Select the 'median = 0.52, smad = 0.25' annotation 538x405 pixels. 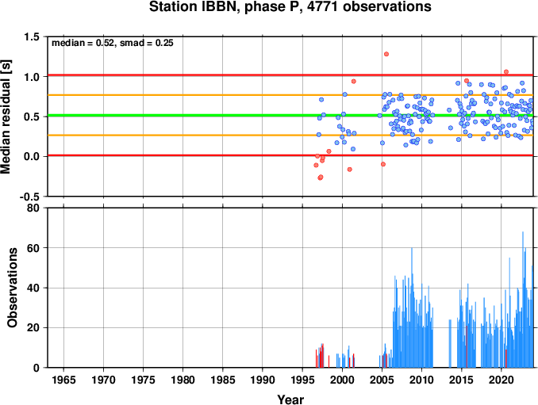113,43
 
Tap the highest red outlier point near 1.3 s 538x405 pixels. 386,54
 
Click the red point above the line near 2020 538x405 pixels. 506,72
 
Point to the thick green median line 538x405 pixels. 290,116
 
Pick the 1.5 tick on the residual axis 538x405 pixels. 32,37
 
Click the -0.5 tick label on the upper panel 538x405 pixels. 29,197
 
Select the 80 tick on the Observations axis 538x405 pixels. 33,208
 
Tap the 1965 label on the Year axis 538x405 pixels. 63,380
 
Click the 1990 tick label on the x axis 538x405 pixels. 263,380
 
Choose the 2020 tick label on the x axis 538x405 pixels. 501,380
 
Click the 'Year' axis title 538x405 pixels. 290,399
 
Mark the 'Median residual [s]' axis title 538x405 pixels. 6,117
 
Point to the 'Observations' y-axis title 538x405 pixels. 13,288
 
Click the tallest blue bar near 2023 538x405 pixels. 523,300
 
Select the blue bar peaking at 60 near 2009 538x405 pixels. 412,308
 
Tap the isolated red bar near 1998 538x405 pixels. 329,361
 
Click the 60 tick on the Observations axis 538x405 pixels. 33,248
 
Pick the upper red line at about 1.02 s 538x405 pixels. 290,75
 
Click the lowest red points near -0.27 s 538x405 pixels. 321,178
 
